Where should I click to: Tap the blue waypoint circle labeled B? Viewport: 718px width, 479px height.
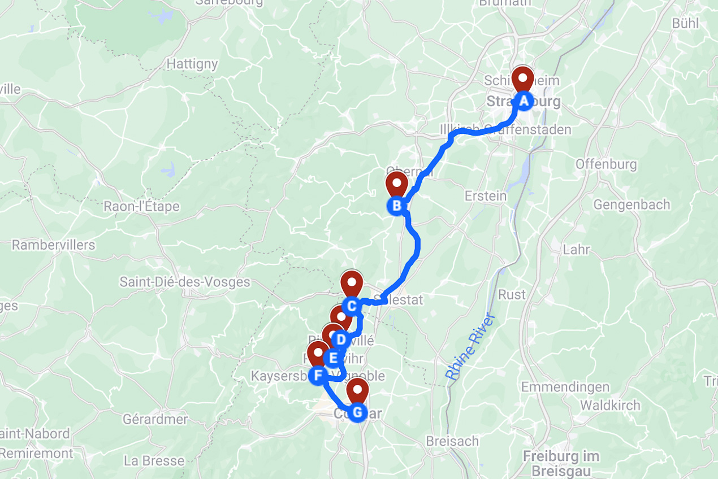pos(396,206)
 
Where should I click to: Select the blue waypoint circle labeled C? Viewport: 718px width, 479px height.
pos(351,306)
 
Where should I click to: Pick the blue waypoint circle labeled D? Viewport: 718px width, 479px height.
pos(340,339)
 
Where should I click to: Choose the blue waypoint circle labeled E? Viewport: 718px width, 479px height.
pos(333,358)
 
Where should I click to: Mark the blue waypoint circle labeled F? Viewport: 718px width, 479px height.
pos(318,375)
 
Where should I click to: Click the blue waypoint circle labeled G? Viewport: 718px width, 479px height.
pos(357,413)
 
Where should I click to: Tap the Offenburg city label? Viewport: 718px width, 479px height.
pos(606,164)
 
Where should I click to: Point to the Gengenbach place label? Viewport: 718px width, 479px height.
pos(631,204)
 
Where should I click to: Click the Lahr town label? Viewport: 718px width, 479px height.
pos(576,249)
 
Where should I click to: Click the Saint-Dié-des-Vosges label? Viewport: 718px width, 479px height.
pos(185,282)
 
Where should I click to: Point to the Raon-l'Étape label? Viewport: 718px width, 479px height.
pos(141,207)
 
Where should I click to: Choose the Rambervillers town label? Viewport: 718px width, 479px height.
pos(54,245)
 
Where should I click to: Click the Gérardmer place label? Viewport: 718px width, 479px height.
pos(155,419)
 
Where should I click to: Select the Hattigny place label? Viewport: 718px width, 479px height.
pos(192,64)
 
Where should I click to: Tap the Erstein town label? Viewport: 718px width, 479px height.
pos(486,196)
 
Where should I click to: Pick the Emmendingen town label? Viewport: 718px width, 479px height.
pos(565,387)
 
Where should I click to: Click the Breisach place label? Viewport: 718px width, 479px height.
pos(452,441)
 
